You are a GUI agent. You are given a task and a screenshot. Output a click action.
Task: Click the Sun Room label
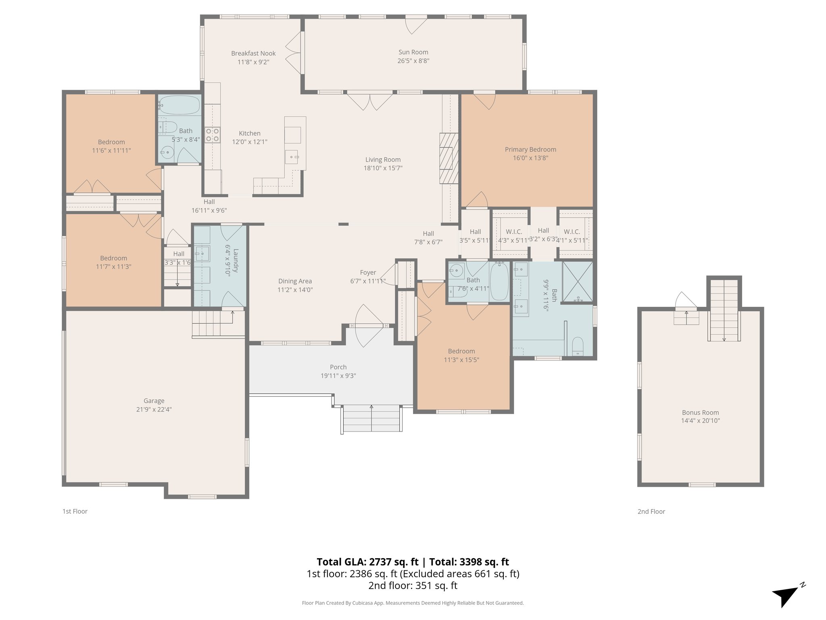coord(413,52)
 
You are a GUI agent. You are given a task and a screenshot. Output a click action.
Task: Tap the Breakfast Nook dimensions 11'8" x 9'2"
coord(253,62)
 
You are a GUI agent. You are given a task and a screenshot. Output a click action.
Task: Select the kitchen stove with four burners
coord(212,135)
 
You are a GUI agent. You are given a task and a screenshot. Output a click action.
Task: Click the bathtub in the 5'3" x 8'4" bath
coord(179,106)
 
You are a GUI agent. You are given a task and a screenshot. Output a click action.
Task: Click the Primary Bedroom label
coord(530,149)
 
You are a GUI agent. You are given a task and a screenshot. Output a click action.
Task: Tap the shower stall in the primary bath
coord(577,282)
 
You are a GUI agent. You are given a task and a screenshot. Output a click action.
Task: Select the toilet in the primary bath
coord(578,346)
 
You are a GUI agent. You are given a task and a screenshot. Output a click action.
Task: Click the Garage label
coord(154,401)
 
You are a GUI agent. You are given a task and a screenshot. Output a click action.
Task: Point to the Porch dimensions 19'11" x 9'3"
coord(338,376)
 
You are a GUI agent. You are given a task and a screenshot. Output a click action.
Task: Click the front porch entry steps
coord(371,418)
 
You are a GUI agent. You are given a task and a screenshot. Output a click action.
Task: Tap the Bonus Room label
coord(700,413)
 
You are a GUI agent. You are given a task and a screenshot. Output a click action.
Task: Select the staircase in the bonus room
coord(724,311)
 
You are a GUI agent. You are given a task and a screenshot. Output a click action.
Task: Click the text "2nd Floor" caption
coord(651,511)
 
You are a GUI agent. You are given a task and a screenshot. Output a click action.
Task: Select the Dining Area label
coord(295,281)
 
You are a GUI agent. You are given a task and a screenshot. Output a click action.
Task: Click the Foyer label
coord(368,272)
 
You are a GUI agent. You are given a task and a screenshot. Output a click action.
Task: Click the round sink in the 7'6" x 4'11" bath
coord(457,271)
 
